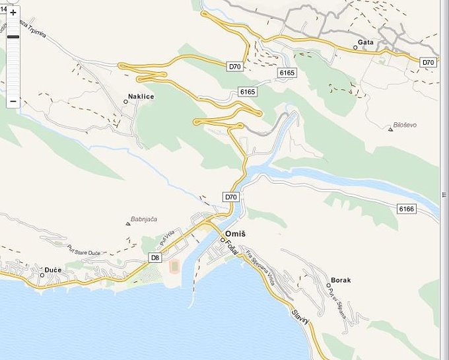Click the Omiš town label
click(x=237, y=234)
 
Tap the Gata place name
click(x=365, y=42)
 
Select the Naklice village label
click(x=141, y=97)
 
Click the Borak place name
click(x=341, y=280)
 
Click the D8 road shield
click(x=155, y=258)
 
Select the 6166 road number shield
click(x=407, y=209)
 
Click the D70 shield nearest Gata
click(x=429, y=62)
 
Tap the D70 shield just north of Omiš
click(x=230, y=197)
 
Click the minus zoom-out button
click(x=13, y=101)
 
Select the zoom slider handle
click(x=13, y=37)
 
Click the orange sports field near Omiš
click(x=174, y=267)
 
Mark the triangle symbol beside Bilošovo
click(x=390, y=129)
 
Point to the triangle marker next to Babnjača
click(x=128, y=224)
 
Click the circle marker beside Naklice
click(x=125, y=102)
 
